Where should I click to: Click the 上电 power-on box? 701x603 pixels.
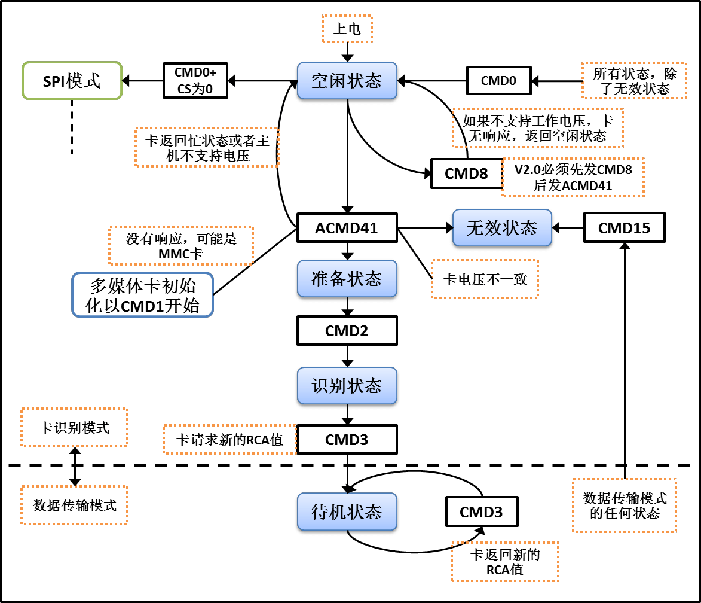pyautogui.click(x=347, y=29)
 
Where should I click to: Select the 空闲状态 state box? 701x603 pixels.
pyautogui.click(x=347, y=80)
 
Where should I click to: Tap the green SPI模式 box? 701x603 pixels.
pyautogui.click(x=72, y=80)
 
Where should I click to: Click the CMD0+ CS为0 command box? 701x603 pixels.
pyautogui.click(x=195, y=80)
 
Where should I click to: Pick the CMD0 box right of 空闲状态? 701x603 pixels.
pyautogui.click(x=498, y=80)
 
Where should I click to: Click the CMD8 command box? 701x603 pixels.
pyautogui.click(x=466, y=173)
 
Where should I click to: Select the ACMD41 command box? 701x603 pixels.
pyautogui.click(x=347, y=227)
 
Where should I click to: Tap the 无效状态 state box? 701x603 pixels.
pyautogui.click(x=501, y=227)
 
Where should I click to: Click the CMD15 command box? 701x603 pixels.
pyautogui.click(x=624, y=227)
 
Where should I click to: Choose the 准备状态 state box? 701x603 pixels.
pyautogui.click(x=347, y=279)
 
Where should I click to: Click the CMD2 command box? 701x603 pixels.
pyautogui.click(x=347, y=331)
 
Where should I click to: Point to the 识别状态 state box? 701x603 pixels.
pyautogui.click(x=347, y=385)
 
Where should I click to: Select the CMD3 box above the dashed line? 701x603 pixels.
pyautogui.click(x=347, y=440)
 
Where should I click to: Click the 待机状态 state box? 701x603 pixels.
pyautogui.click(x=347, y=512)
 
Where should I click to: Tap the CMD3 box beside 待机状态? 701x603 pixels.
pyautogui.click(x=481, y=512)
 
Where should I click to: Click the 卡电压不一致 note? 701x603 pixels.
pyautogui.click(x=484, y=279)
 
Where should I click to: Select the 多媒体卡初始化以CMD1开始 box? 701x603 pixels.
pyautogui.click(x=142, y=294)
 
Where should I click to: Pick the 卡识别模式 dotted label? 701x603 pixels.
pyautogui.click(x=74, y=427)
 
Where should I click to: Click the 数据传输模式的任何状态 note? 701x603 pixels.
pyautogui.click(x=624, y=505)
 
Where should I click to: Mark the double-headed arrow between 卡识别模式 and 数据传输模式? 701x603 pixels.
pyautogui.click(x=75, y=466)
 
